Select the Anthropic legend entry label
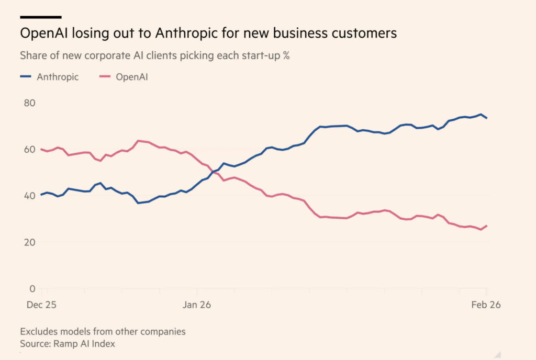point(58,77)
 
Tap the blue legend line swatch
point(27,77)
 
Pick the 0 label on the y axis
point(31,288)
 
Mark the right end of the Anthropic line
point(486,118)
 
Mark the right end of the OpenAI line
point(486,226)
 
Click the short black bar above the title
point(41,17)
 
